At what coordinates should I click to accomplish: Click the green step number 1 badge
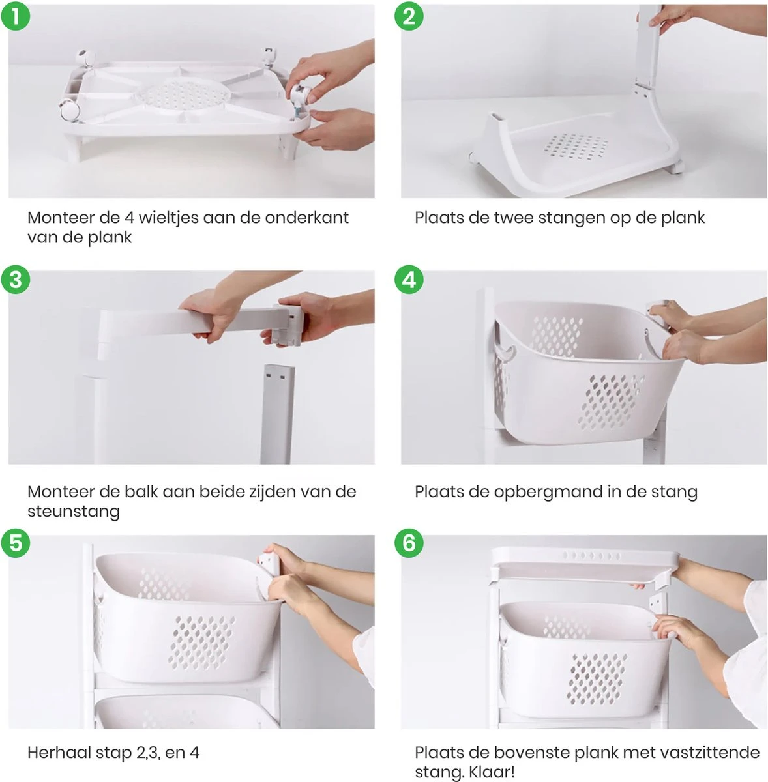click(16, 16)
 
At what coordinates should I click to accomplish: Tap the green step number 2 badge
click(409, 16)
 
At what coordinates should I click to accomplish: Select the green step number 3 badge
click(16, 280)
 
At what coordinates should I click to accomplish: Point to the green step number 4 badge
click(409, 280)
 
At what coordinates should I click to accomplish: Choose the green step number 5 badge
click(16, 543)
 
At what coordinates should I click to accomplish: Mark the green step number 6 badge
click(409, 543)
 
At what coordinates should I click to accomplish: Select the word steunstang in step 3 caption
click(74, 512)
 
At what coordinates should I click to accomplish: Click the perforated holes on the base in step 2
click(576, 147)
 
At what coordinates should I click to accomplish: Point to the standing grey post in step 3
click(277, 414)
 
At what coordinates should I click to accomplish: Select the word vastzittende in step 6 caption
click(700, 753)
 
